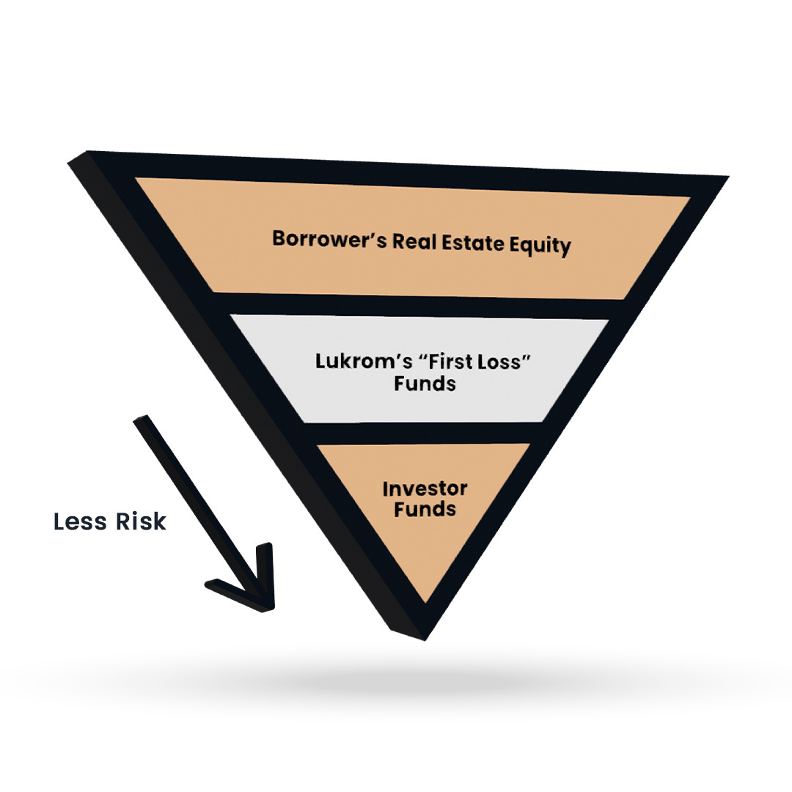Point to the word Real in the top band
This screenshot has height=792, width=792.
(x=414, y=242)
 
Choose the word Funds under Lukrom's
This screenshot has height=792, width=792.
(x=425, y=384)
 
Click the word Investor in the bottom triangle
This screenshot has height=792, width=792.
(x=425, y=489)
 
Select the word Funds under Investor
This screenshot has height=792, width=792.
(x=425, y=510)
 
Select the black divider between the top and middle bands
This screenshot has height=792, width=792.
(x=418, y=307)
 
